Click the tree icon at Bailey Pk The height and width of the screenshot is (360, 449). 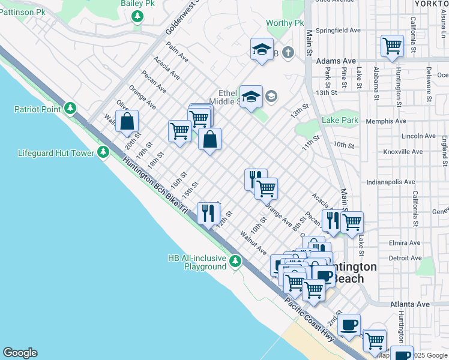click(x=138, y=16)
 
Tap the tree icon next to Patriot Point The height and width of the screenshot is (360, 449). click(x=71, y=108)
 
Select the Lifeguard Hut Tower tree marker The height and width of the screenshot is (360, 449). click(x=103, y=153)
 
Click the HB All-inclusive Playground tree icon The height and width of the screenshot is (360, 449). click(x=235, y=261)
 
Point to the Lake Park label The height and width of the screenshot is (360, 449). click(x=340, y=121)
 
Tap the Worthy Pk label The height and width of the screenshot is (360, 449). click(x=285, y=23)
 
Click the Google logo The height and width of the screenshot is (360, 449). click(x=20, y=353)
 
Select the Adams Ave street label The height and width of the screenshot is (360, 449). click(x=336, y=61)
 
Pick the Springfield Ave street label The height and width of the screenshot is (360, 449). click(x=339, y=30)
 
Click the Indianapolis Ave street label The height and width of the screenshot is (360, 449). click(x=391, y=182)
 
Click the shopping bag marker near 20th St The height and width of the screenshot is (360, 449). click(x=127, y=121)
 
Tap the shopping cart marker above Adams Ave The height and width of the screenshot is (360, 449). click(x=391, y=46)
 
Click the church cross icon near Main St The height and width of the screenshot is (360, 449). click(x=288, y=53)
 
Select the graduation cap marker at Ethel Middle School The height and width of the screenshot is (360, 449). click(x=251, y=96)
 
